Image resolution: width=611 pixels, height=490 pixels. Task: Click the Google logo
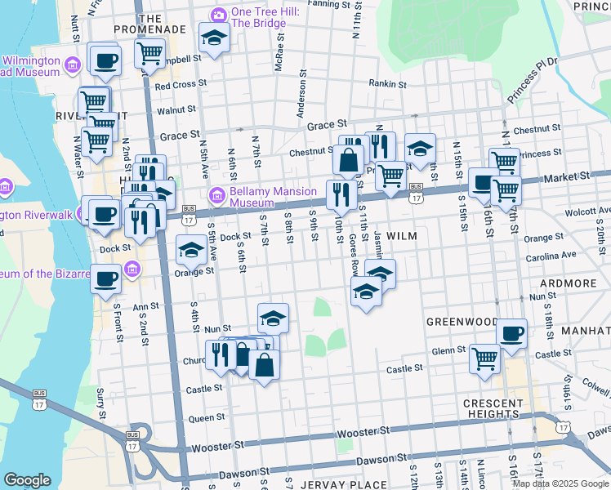point(27,480)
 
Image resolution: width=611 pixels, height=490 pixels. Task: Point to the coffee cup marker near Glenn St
point(512,334)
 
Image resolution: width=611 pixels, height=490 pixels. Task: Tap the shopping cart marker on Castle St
point(484,358)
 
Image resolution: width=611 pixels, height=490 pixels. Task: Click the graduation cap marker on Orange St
point(192,250)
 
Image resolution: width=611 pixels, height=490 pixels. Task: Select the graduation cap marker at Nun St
point(274,318)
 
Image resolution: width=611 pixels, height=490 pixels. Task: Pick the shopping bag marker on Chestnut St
point(349,160)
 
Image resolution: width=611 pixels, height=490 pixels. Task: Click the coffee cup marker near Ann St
point(106,278)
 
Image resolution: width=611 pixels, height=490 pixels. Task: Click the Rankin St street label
point(387,83)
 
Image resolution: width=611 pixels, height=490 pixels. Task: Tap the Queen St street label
point(207,417)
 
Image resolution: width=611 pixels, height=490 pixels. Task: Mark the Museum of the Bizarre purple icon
point(132,269)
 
